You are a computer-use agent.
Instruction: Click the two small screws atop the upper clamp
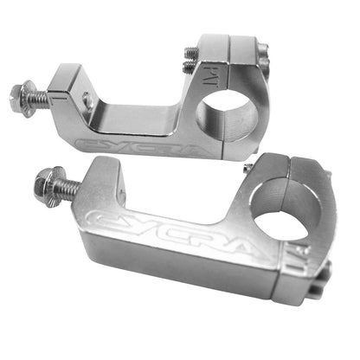pos(189,59)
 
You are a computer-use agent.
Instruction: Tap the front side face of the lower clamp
pos(173,268)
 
